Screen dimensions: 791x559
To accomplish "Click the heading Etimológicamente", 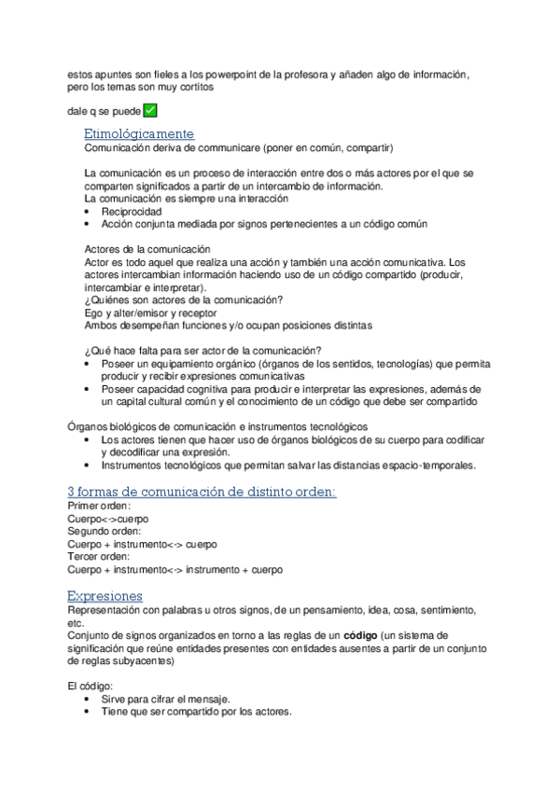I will point(139,134).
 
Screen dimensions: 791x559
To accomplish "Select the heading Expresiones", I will point(105,595).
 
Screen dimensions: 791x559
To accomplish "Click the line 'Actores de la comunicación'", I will point(147,250).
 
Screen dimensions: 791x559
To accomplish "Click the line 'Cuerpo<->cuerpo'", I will point(107,519).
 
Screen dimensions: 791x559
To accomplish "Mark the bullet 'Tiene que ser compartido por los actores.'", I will point(196,713).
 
